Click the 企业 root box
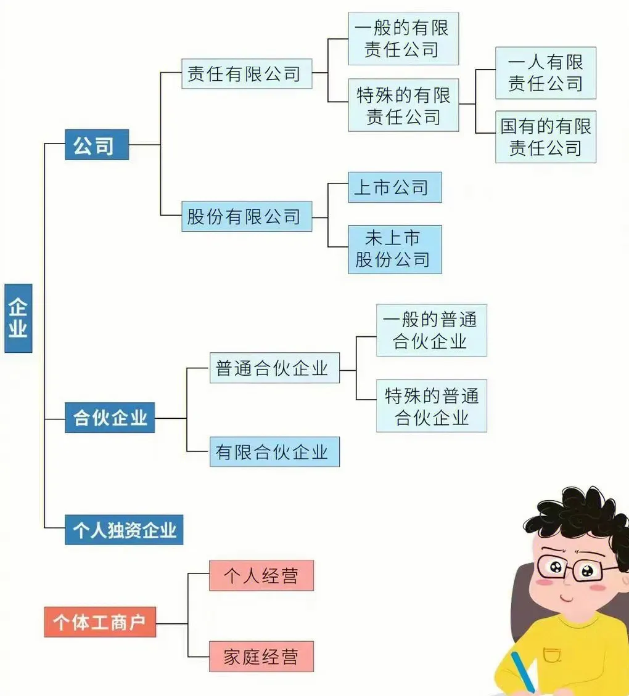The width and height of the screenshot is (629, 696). [18, 318]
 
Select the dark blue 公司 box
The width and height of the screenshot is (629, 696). [97, 145]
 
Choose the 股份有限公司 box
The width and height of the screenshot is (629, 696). [247, 216]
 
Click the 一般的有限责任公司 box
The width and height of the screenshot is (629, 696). [403, 38]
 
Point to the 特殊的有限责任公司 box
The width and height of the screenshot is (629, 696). [403, 105]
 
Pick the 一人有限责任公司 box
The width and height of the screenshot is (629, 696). [546, 73]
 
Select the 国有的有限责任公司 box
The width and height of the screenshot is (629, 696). [546, 137]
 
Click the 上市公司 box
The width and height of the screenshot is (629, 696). [395, 187]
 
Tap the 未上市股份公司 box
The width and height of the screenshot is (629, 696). [395, 249]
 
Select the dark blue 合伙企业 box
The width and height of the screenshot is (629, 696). [110, 418]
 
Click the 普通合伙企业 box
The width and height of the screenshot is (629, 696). [274, 368]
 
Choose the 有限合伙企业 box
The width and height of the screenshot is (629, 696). [274, 451]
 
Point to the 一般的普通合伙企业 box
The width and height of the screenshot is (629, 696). [432, 330]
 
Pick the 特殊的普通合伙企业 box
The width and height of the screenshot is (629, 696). [432, 405]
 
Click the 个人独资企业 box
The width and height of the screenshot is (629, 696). [124, 530]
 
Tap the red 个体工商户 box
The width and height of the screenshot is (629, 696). [100, 621]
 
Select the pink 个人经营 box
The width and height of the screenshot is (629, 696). [261, 575]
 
